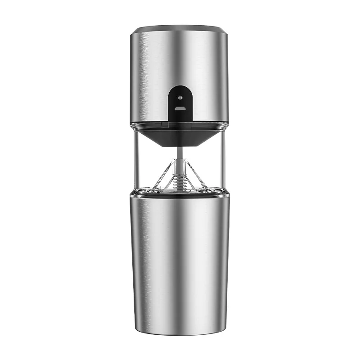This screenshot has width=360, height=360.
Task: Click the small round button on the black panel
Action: (x=180, y=97)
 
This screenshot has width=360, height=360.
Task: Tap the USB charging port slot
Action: (x=180, y=108)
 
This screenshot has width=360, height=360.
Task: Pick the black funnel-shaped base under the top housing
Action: (x=180, y=137)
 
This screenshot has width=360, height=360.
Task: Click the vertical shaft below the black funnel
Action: (x=180, y=153)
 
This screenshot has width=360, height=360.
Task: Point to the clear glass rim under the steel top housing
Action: (x=180, y=128)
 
